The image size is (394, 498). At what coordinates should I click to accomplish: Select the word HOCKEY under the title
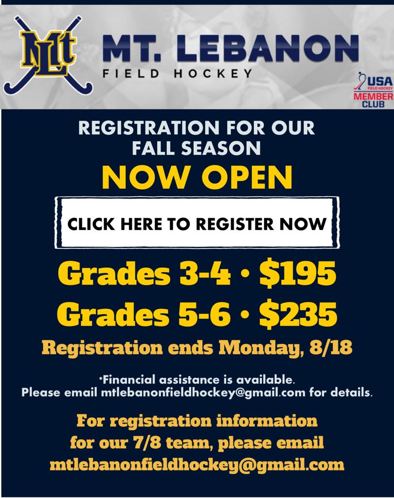[213, 74]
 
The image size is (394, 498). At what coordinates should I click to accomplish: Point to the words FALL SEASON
[197, 148]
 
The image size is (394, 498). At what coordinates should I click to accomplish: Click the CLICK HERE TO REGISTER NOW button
[197, 223]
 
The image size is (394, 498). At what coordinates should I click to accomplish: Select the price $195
[298, 273]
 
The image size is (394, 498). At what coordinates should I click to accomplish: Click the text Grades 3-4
[144, 273]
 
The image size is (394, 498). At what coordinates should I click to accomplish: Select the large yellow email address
[197, 465]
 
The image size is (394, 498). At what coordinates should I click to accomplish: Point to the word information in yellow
[267, 421]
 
